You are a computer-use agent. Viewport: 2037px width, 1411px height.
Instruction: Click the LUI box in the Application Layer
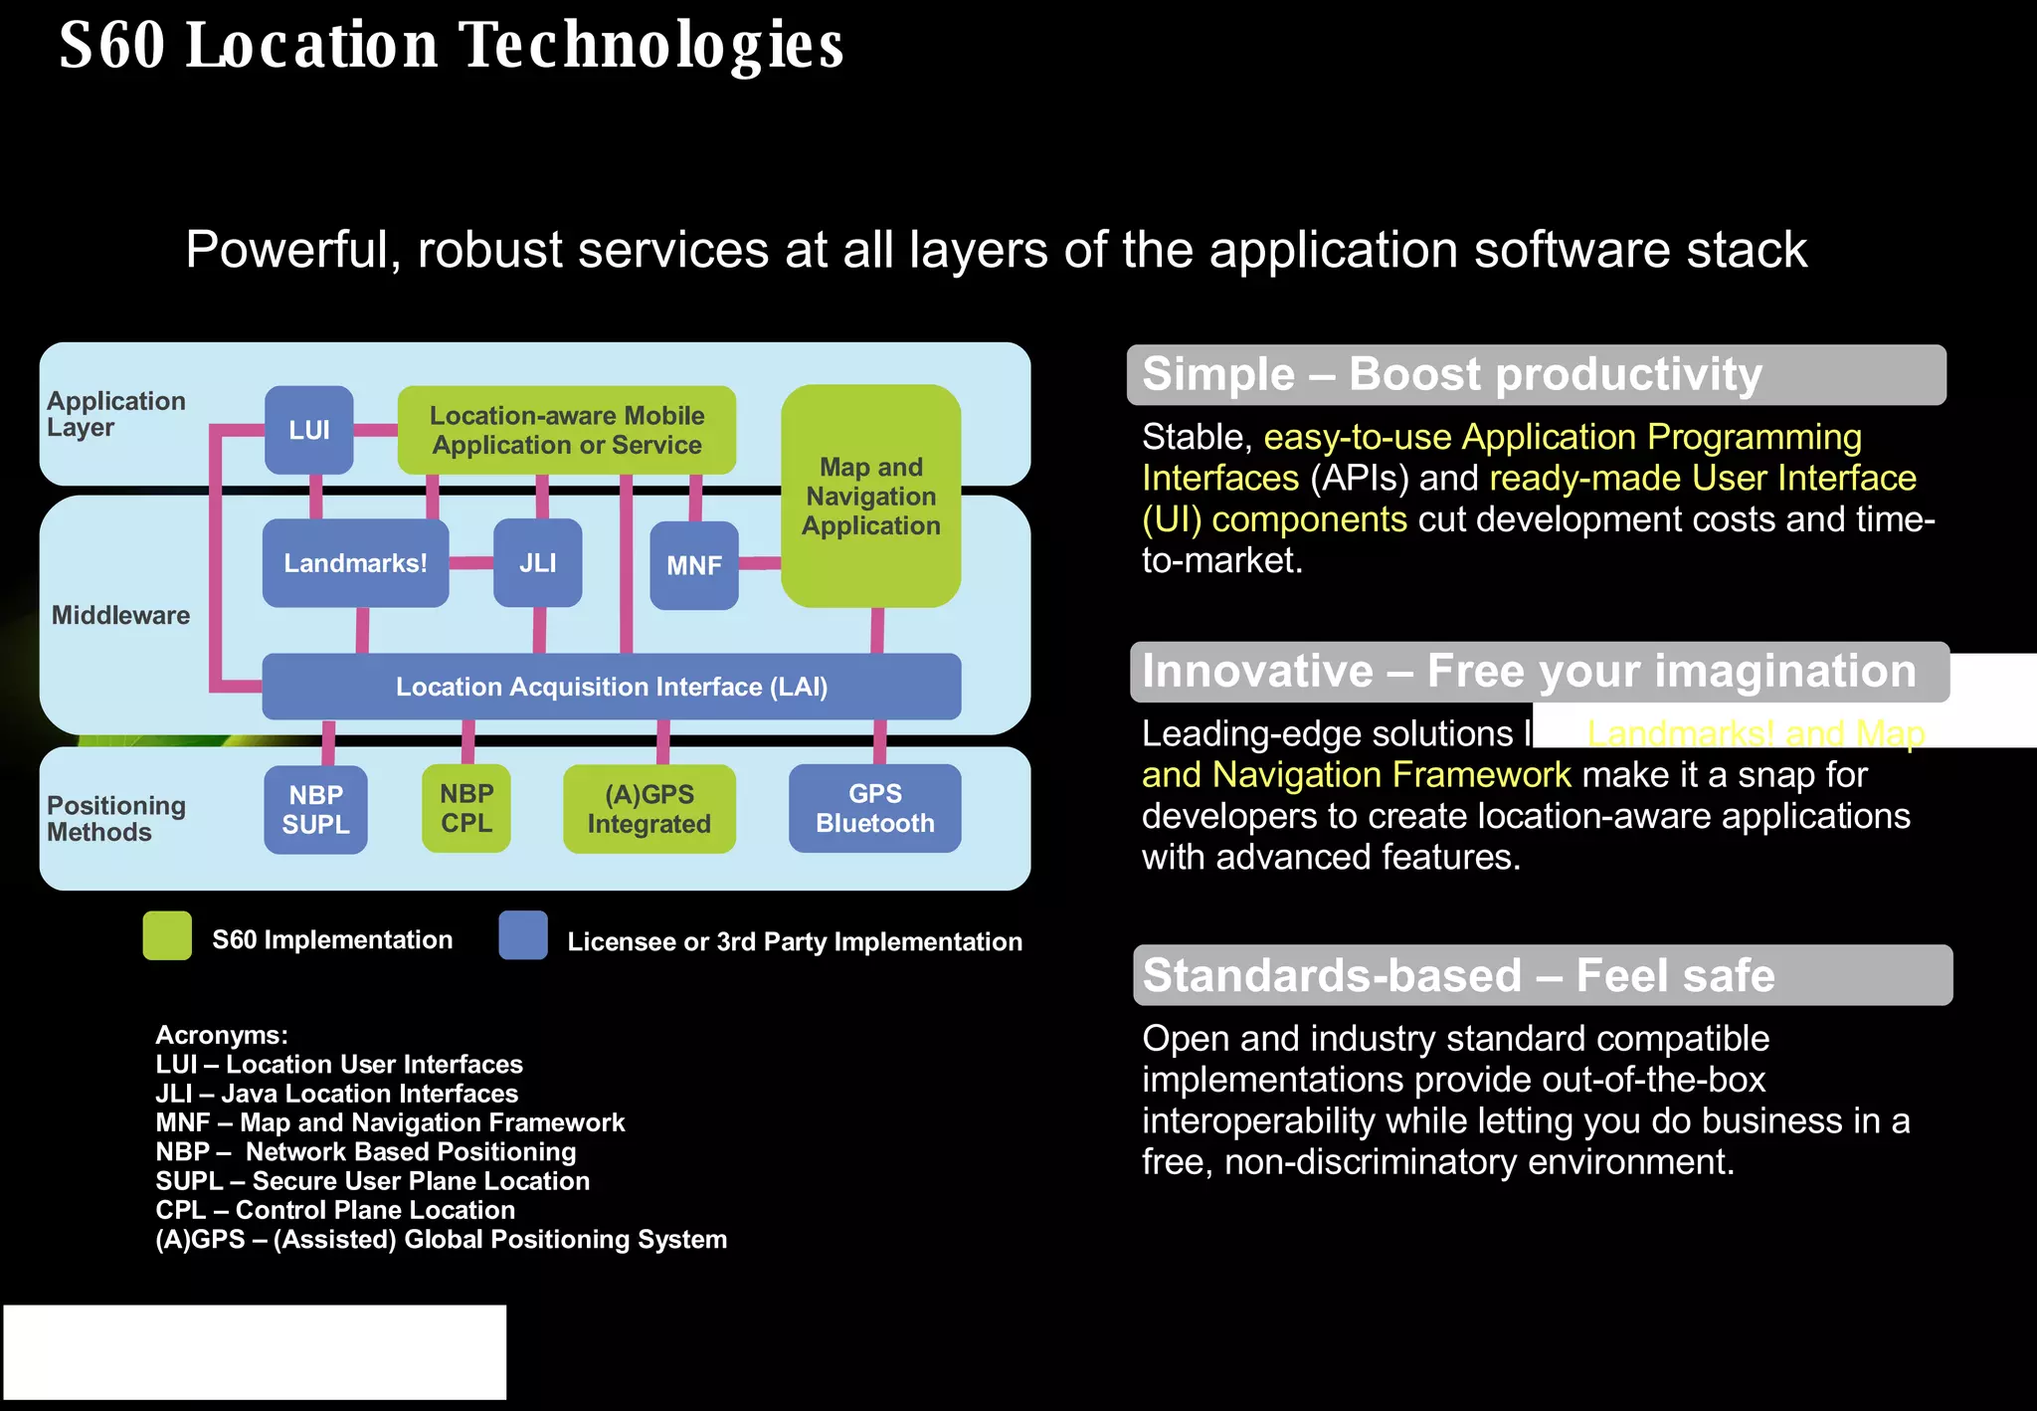click(308, 430)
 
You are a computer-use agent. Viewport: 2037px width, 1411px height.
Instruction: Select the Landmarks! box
click(355, 563)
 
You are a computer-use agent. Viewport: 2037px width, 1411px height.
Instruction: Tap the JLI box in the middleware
click(537, 563)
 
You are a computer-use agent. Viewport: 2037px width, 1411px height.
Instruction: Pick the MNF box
click(693, 565)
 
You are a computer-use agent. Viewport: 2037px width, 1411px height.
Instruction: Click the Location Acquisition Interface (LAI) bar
click(611, 687)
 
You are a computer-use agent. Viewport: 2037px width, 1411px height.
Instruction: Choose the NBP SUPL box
click(315, 809)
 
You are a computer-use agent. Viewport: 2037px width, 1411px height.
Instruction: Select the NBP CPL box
click(465, 808)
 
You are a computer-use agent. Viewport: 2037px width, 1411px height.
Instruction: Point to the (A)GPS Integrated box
click(648, 808)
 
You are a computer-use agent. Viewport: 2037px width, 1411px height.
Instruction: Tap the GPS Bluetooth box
click(874, 808)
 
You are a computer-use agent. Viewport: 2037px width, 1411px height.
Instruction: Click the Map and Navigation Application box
click(870, 496)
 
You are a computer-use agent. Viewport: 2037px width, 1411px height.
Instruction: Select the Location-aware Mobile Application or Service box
click(566, 430)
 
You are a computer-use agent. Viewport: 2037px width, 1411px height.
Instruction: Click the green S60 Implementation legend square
click(167, 935)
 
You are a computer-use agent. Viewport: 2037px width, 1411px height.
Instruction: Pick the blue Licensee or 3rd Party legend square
click(523, 935)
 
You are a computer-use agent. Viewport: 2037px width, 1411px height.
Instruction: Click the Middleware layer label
click(120, 615)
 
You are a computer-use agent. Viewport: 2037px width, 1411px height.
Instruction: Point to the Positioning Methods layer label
click(115, 818)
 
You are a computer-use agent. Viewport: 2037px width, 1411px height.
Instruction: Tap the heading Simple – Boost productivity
click(1452, 375)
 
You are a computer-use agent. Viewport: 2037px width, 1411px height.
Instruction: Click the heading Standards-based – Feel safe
click(1458, 975)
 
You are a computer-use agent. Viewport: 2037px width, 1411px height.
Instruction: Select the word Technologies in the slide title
click(651, 46)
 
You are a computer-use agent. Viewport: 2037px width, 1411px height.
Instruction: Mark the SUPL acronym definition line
click(372, 1181)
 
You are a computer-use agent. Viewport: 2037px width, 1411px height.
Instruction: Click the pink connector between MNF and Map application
click(760, 563)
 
